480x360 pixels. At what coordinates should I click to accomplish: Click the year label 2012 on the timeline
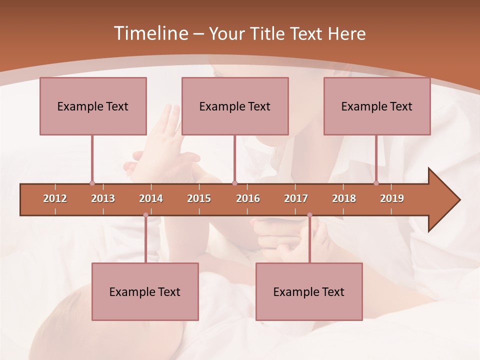point(55,198)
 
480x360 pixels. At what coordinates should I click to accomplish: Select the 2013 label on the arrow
point(103,198)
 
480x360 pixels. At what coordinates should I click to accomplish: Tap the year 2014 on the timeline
point(151,198)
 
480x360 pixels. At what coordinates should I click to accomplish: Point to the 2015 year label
point(199,198)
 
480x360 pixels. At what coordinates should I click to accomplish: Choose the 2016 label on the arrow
point(248,198)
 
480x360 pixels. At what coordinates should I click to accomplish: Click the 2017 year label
point(296,198)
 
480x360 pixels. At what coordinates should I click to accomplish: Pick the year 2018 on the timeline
point(344,198)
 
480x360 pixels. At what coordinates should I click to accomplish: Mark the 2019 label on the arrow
point(392,198)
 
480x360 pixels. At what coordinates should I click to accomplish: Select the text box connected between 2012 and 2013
point(93,106)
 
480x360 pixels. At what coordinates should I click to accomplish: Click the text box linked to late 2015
point(235,106)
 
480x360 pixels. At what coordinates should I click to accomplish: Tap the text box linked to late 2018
point(377,106)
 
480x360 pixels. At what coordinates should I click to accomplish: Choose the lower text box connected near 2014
point(145,291)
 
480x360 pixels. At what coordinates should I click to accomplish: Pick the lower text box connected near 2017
point(309,291)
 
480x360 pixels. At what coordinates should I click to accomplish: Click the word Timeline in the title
point(150,33)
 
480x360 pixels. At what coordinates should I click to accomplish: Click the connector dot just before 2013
point(92,183)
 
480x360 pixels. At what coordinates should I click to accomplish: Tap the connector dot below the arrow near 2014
point(145,215)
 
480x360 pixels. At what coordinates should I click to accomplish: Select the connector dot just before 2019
point(376,183)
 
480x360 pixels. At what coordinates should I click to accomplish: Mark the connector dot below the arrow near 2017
point(309,215)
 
